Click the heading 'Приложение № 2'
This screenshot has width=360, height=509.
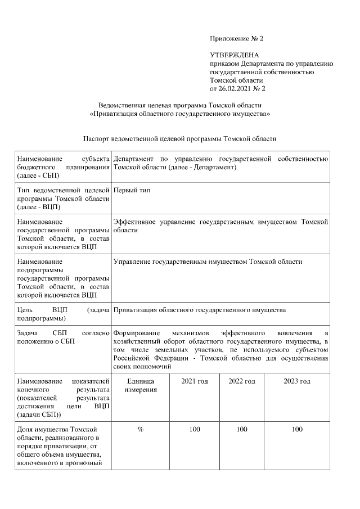pyautogui.click(x=236, y=39)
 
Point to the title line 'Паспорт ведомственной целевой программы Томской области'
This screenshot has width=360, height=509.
pyautogui.click(x=179, y=138)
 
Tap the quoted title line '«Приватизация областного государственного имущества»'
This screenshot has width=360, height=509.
pyautogui.click(x=179, y=114)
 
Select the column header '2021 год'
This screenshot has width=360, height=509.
pyautogui.click(x=195, y=381)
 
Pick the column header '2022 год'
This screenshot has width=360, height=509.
pyautogui.click(x=242, y=381)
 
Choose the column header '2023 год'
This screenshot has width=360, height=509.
pyautogui.click(x=297, y=381)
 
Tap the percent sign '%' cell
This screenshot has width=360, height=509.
pyautogui.click(x=140, y=430)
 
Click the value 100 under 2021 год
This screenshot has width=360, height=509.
pyautogui.click(x=195, y=430)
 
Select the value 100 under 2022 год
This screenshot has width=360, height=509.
pyautogui.click(x=242, y=430)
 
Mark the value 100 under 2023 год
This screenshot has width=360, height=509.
pyautogui.click(x=297, y=430)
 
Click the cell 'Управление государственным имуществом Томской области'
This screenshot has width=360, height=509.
pyautogui.click(x=208, y=262)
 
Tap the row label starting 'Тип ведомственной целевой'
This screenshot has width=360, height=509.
pyautogui.click(x=63, y=199)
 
